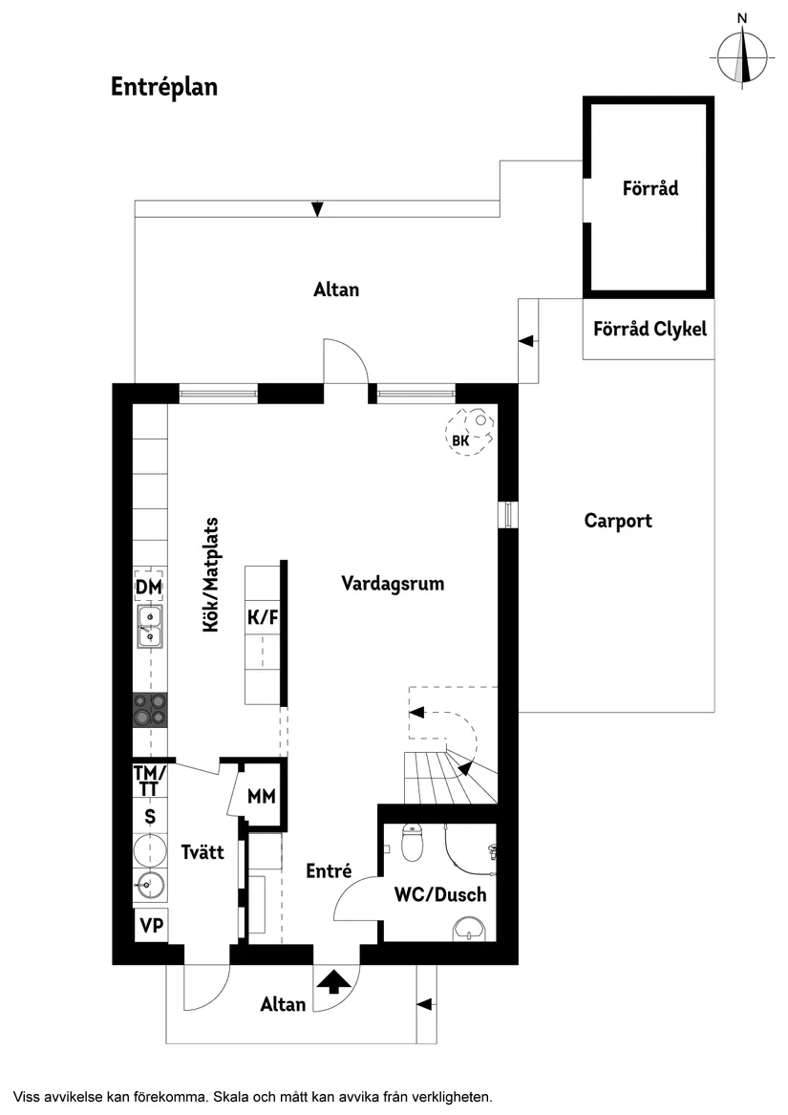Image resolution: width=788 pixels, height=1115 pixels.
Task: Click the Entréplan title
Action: tap(164, 87)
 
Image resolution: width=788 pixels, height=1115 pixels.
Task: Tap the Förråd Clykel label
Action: tap(650, 329)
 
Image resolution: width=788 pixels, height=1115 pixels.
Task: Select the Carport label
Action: tap(618, 521)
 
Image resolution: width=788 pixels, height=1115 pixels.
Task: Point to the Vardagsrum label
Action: tap(393, 583)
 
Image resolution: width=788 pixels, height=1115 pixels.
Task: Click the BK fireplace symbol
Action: tap(469, 433)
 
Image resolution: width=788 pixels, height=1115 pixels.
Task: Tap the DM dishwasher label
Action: tap(148, 586)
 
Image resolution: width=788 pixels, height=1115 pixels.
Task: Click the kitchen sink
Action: tap(148, 627)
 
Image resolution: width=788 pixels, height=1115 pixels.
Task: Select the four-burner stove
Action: tap(149, 710)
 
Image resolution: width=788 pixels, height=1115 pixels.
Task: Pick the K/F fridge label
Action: tap(263, 617)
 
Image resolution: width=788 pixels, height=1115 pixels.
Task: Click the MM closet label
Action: tap(261, 796)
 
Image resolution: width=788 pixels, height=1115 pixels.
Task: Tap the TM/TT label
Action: tap(149, 781)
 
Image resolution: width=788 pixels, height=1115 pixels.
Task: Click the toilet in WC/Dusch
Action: tap(413, 842)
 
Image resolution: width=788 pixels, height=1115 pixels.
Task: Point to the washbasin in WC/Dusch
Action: tap(469, 928)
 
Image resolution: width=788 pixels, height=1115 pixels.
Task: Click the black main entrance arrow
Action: tap(333, 981)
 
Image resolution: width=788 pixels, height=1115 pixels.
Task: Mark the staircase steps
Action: tap(444, 776)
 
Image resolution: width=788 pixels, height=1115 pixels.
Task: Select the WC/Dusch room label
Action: tap(440, 895)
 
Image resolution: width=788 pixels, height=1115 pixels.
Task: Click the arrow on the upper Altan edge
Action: tap(317, 208)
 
